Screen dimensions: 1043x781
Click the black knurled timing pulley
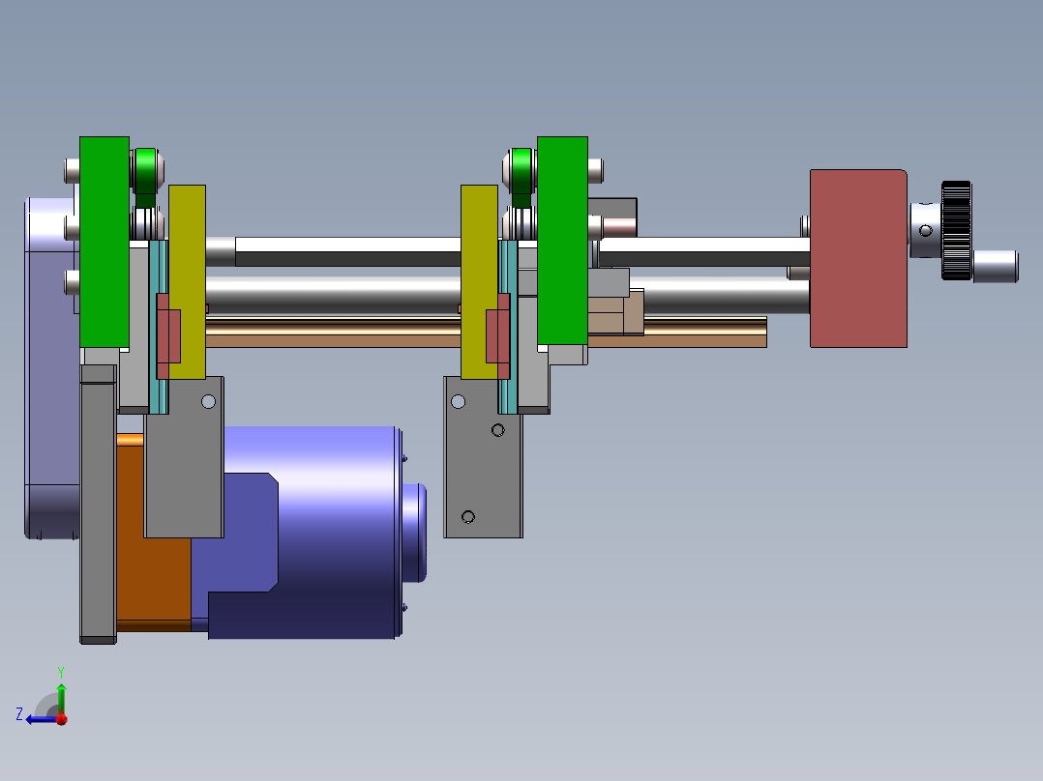pos(957,230)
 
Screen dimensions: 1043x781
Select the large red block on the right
pos(859,258)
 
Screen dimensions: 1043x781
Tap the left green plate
pos(104,242)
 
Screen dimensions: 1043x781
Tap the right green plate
pos(562,241)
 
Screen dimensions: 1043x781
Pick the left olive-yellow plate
pos(188,282)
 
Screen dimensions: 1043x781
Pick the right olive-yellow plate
pos(479,282)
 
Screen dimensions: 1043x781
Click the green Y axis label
pos(61,672)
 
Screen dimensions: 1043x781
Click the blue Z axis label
pos(19,714)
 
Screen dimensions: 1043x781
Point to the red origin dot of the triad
pos(62,719)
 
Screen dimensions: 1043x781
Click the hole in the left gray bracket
pos(208,401)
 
